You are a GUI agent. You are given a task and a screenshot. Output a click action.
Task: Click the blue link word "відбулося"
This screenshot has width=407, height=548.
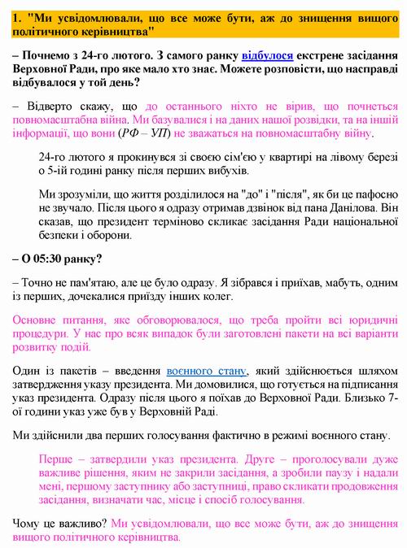click(265, 56)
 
